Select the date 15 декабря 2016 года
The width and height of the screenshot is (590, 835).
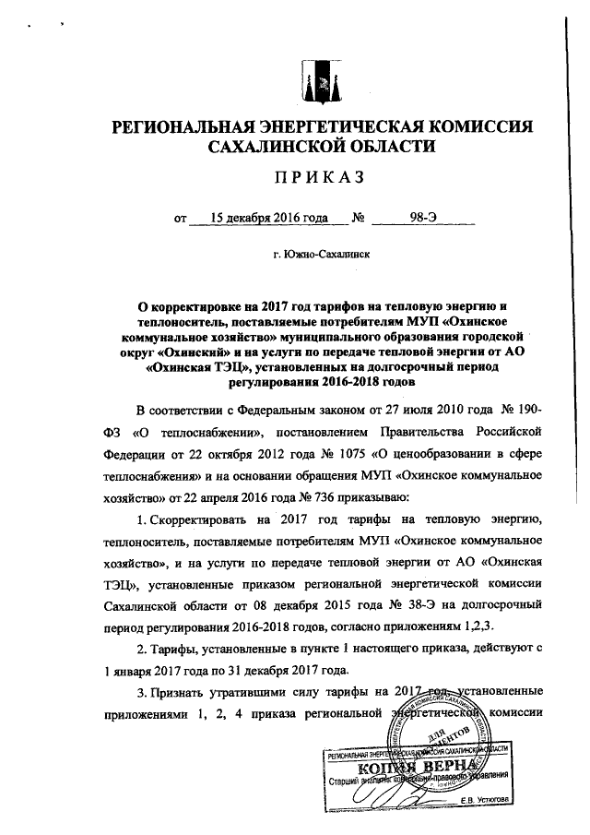click(x=269, y=219)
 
